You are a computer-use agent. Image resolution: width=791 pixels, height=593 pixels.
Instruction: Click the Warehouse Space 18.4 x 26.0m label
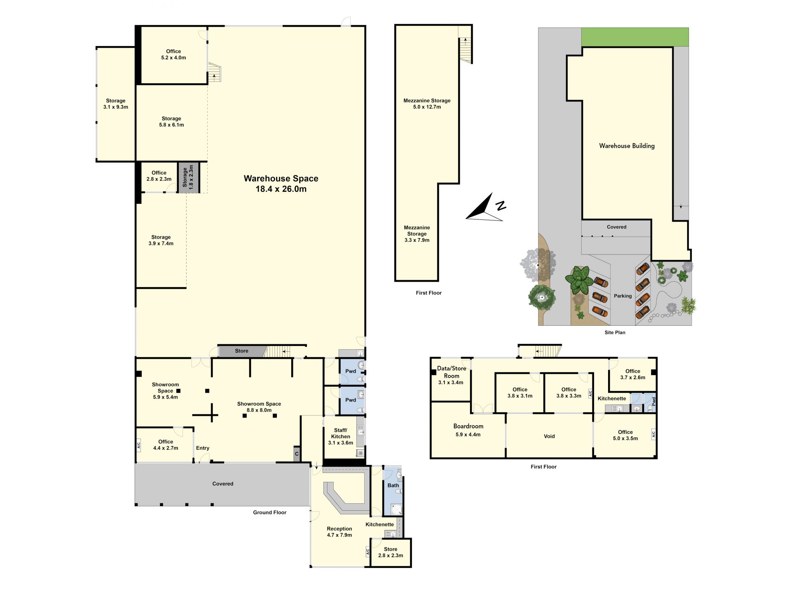pyautogui.click(x=281, y=184)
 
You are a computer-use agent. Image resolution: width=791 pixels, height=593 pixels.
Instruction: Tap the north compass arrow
pyautogui.click(x=484, y=208)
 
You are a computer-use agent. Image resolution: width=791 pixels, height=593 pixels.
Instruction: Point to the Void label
pyautogui.click(x=549, y=436)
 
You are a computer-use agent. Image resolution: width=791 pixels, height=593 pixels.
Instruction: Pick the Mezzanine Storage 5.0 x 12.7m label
pyautogui.click(x=427, y=104)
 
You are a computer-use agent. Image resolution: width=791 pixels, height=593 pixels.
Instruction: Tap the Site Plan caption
pyautogui.click(x=615, y=332)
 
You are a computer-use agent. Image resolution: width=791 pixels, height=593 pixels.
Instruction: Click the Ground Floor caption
pyautogui.click(x=269, y=512)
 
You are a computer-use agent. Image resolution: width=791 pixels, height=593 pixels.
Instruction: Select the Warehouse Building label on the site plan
pyautogui.click(x=627, y=146)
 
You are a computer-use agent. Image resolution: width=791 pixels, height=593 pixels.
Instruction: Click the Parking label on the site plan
pyautogui.click(x=623, y=296)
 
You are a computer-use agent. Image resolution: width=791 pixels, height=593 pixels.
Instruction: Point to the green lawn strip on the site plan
pyautogui.click(x=635, y=37)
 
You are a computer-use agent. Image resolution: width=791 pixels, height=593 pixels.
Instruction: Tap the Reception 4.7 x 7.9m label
pyautogui.click(x=339, y=532)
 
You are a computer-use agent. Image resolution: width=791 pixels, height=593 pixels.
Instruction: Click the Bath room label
pyautogui.click(x=393, y=486)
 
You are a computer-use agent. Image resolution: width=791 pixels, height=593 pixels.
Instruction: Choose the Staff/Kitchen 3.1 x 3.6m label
pyautogui.click(x=340, y=437)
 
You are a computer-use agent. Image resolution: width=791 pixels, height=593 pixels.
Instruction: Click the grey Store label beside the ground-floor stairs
pyautogui.click(x=241, y=351)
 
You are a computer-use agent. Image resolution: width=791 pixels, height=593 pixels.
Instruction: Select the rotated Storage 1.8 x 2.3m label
pyautogui.click(x=188, y=178)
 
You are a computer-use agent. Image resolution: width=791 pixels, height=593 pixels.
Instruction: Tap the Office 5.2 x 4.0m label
pyautogui.click(x=173, y=54)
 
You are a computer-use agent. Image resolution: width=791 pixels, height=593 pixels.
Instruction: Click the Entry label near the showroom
pyautogui.click(x=203, y=448)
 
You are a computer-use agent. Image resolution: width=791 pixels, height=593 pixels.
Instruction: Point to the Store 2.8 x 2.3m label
pyautogui.click(x=391, y=552)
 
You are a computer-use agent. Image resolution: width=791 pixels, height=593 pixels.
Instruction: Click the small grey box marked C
pyautogui.click(x=297, y=454)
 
